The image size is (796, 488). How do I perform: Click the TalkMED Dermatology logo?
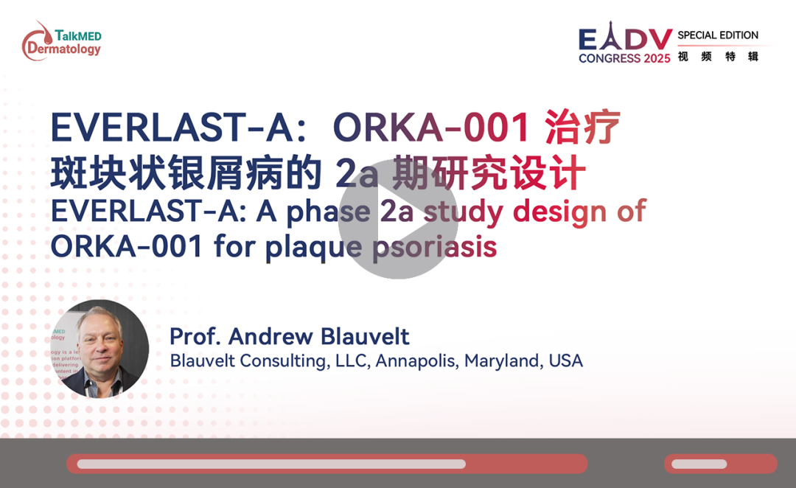click(x=61, y=41)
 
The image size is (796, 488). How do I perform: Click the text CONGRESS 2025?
click(x=624, y=58)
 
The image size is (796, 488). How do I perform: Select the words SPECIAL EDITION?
click(x=718, y=35)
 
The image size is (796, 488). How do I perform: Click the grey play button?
click(x=398, y=219)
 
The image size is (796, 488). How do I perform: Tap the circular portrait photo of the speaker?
click(x=99, y=349)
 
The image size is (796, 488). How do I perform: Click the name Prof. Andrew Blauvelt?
click(x=290, y=336)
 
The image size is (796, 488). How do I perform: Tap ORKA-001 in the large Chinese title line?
click(x=431, y=127)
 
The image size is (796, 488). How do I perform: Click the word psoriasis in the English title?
click(x=435, y=247)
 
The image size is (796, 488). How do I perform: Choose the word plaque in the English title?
click(x=313, y=247)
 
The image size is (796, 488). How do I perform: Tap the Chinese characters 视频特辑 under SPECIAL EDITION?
click(x=718, y=56)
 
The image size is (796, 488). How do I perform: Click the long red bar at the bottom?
click(x=327, y=464)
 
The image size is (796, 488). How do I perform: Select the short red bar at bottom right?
click(x=721, y=464)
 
